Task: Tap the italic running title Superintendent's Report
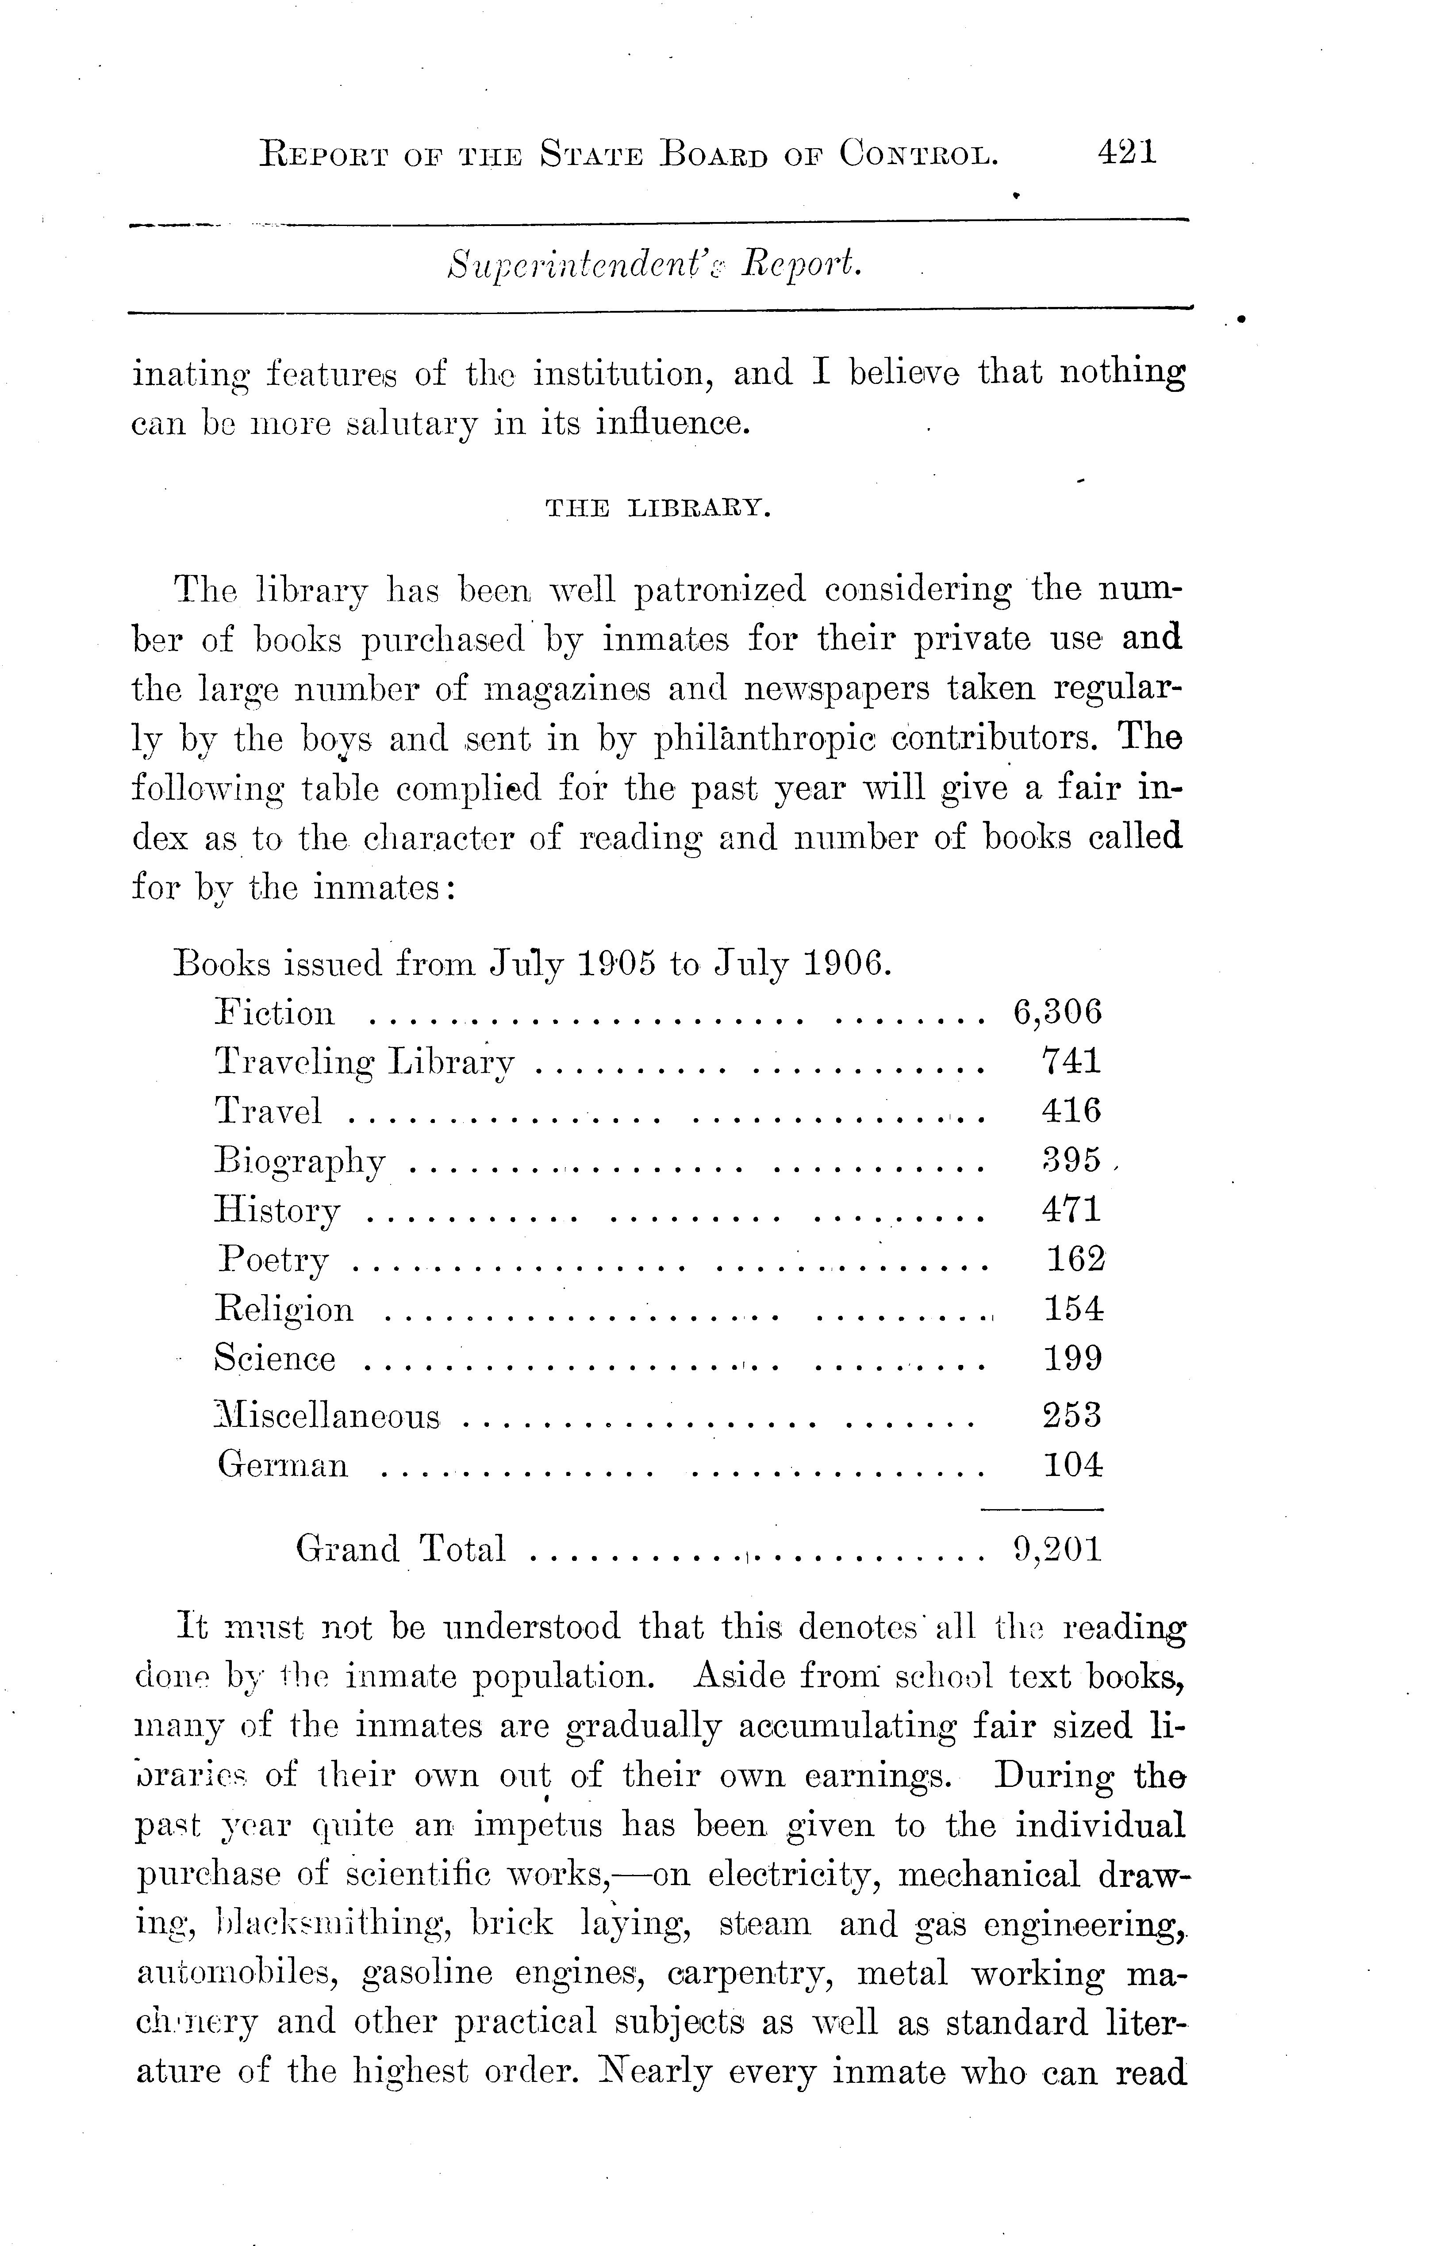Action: (654, 266)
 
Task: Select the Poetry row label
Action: (273, 1260)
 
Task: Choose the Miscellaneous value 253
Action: (1072, 1414)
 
